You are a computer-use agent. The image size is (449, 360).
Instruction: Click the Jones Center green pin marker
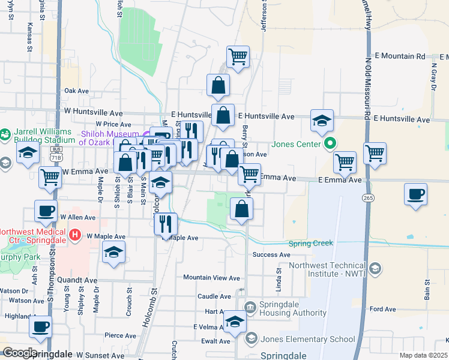coord(330,144)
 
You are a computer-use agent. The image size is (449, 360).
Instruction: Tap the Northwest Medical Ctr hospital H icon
coord(75,233)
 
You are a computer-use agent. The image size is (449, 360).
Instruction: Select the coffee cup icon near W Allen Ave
coord(46,211)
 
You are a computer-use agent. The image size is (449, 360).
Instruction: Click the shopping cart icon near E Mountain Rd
coord(238,56)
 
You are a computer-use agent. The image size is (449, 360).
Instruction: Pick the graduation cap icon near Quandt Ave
coord(113,253)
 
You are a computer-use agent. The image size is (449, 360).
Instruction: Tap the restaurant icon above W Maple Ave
coord(166,223)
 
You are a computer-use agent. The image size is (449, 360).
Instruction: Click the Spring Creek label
coord(310,244)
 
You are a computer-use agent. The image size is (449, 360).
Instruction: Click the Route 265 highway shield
coord(367,197)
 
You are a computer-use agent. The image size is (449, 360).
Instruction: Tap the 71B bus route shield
coord(56,154)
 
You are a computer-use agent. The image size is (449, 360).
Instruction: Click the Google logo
coord(19,353)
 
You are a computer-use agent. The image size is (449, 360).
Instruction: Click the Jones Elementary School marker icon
coord(250,339)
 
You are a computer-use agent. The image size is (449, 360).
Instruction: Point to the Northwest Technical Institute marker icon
coord(375,267)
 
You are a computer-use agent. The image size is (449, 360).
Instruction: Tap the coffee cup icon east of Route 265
coord(416,194)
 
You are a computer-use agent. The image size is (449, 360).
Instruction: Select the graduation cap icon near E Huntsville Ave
coord(322,120)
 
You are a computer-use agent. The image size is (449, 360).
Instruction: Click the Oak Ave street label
coord(76,91)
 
